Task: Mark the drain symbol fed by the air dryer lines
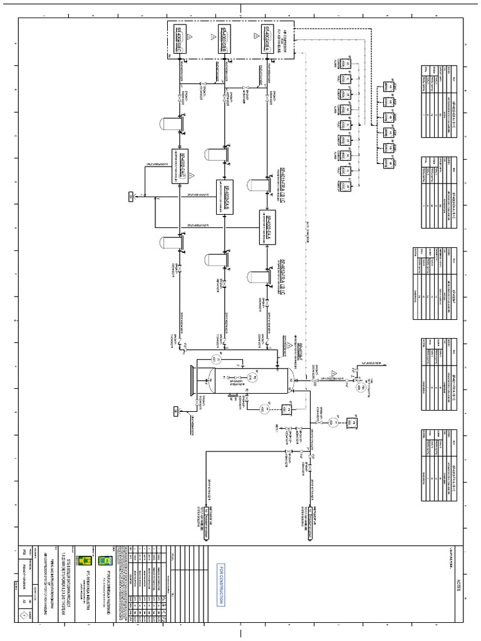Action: [130, 197]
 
